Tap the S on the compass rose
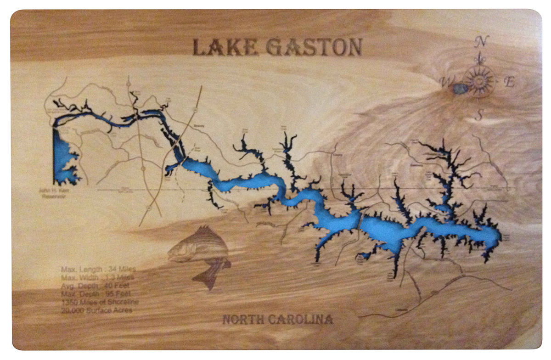coord(478,115)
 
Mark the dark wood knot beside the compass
coord(461,88)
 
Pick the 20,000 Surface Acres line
coord(96,310)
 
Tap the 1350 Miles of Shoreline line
coord(100,302)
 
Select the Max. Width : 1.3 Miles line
coord(97,277)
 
